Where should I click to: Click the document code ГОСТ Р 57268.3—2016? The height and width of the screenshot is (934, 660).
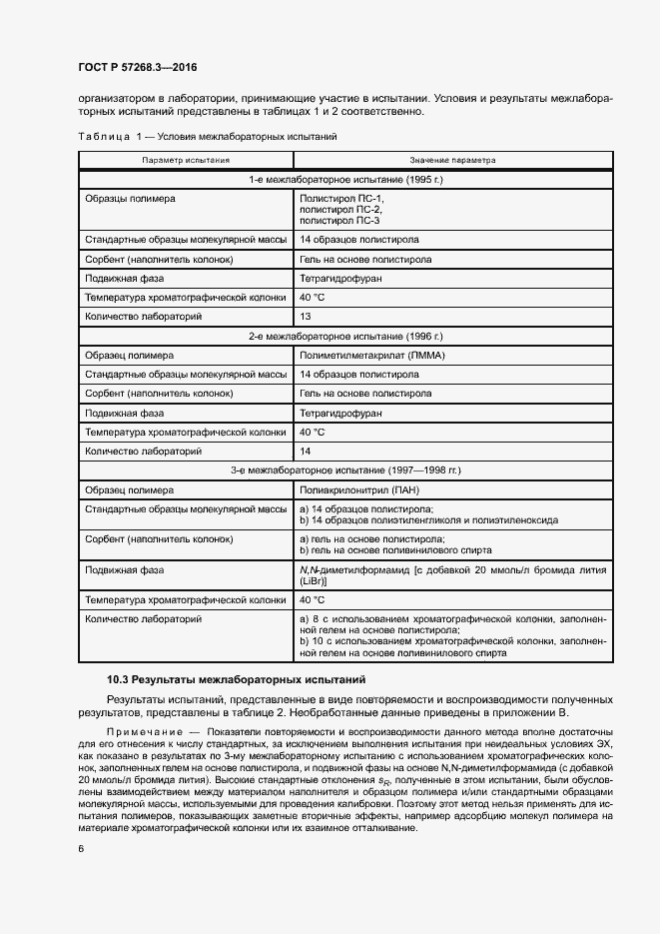(x=137, y=66)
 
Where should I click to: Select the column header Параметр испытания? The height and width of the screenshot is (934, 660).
(x=186, y=160)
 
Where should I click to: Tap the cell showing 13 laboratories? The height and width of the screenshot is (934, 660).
(x=307, y=316)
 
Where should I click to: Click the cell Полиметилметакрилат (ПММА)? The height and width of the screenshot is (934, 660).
(x=372, y=356)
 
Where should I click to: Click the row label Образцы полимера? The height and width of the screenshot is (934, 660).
(x=130, y=199)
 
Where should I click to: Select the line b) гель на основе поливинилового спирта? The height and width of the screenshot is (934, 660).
(x=385, y=549)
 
